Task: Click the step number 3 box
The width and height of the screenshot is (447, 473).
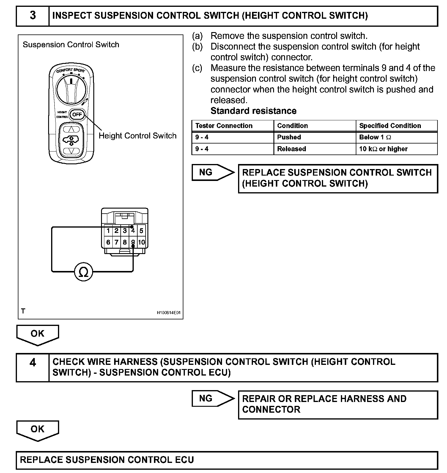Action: [x=33, y=16]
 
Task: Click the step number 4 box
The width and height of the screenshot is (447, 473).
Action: [x=33, y=367]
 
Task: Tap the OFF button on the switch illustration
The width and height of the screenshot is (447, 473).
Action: [x=77, y=114]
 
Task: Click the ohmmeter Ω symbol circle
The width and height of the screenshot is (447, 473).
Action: [x=84, y=272]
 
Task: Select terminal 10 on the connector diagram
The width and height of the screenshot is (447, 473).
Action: [x=141, y=242]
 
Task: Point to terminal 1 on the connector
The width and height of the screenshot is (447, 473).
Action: [x=108, y=231]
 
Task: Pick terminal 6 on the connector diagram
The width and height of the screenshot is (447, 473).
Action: [x=108, y=242]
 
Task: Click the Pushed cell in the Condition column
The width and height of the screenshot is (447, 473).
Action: [x=314, y=137]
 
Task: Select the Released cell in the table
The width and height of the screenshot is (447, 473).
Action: [x=314, y=149]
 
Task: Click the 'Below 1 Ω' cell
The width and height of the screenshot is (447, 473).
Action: [x=396, y=137]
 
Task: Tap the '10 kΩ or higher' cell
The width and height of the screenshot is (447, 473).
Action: [x=396, y=149]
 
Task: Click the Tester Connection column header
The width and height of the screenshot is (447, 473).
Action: [x=232, y=126]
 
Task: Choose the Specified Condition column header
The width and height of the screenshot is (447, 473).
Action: [x=396, y=126]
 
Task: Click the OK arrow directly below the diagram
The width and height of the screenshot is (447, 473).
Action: [x=37, y=334]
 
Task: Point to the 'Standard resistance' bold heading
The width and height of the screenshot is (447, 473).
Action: [x=254, y=111]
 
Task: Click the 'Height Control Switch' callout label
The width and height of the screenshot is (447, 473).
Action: [x=138, y=136]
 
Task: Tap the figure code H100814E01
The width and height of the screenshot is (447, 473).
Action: [x=169, y=313]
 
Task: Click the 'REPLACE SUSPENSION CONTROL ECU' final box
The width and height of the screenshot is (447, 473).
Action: [x=226, y=460]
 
